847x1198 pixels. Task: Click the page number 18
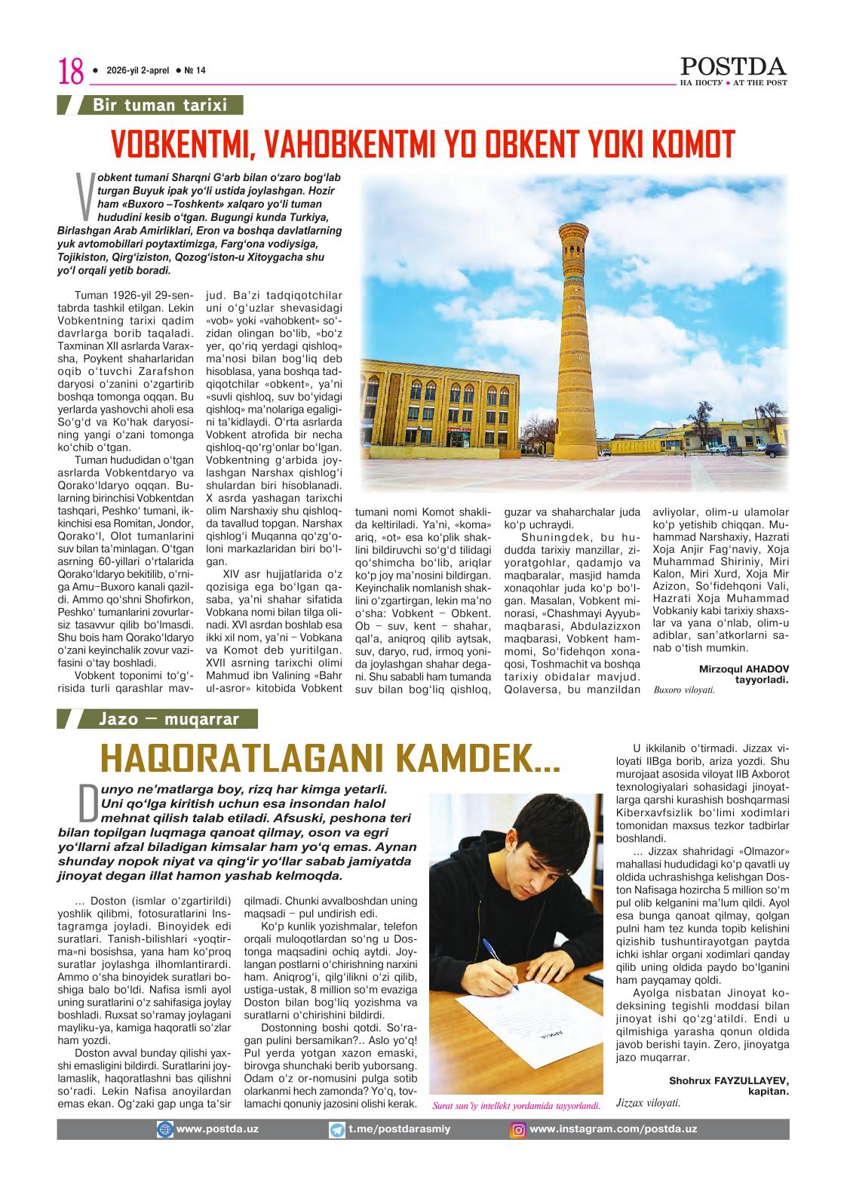[x=70, y=72]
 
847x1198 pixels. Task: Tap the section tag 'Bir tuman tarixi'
[x=159, y=105]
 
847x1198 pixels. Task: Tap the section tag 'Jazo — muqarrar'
[x=168, y=718]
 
